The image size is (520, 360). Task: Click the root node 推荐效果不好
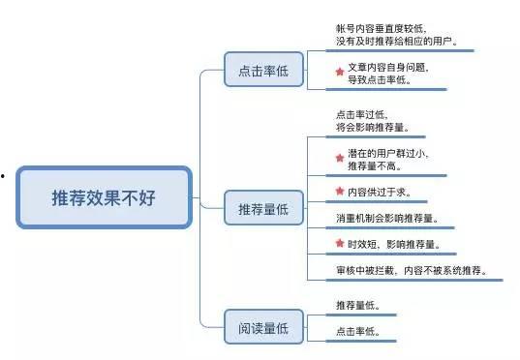104,197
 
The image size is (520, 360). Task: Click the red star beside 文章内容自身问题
339,72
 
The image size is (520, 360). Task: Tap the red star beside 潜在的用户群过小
339,157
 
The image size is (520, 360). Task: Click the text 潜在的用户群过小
387,153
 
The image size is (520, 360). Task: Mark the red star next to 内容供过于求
339,191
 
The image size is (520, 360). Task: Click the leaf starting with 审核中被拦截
412,271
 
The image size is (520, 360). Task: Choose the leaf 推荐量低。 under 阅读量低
358,306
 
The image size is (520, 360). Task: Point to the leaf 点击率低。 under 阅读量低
358,332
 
